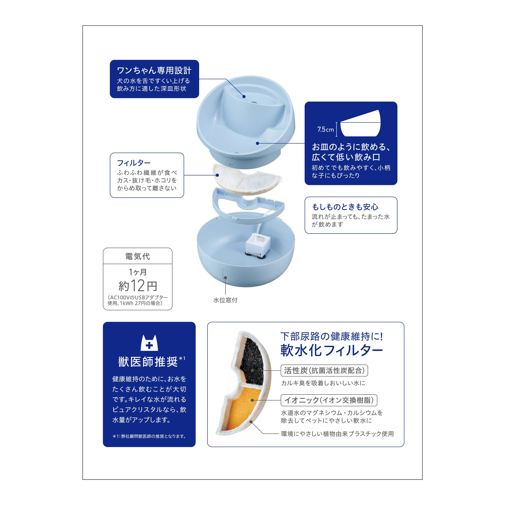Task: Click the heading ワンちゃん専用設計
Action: point(154,70)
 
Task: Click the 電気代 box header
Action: point(138,256)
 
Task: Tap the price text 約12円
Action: point(138,286)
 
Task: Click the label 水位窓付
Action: point(225,300)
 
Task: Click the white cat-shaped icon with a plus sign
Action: point(149,343)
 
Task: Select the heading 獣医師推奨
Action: point(148,362)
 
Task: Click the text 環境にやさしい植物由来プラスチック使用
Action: point(337,434)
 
